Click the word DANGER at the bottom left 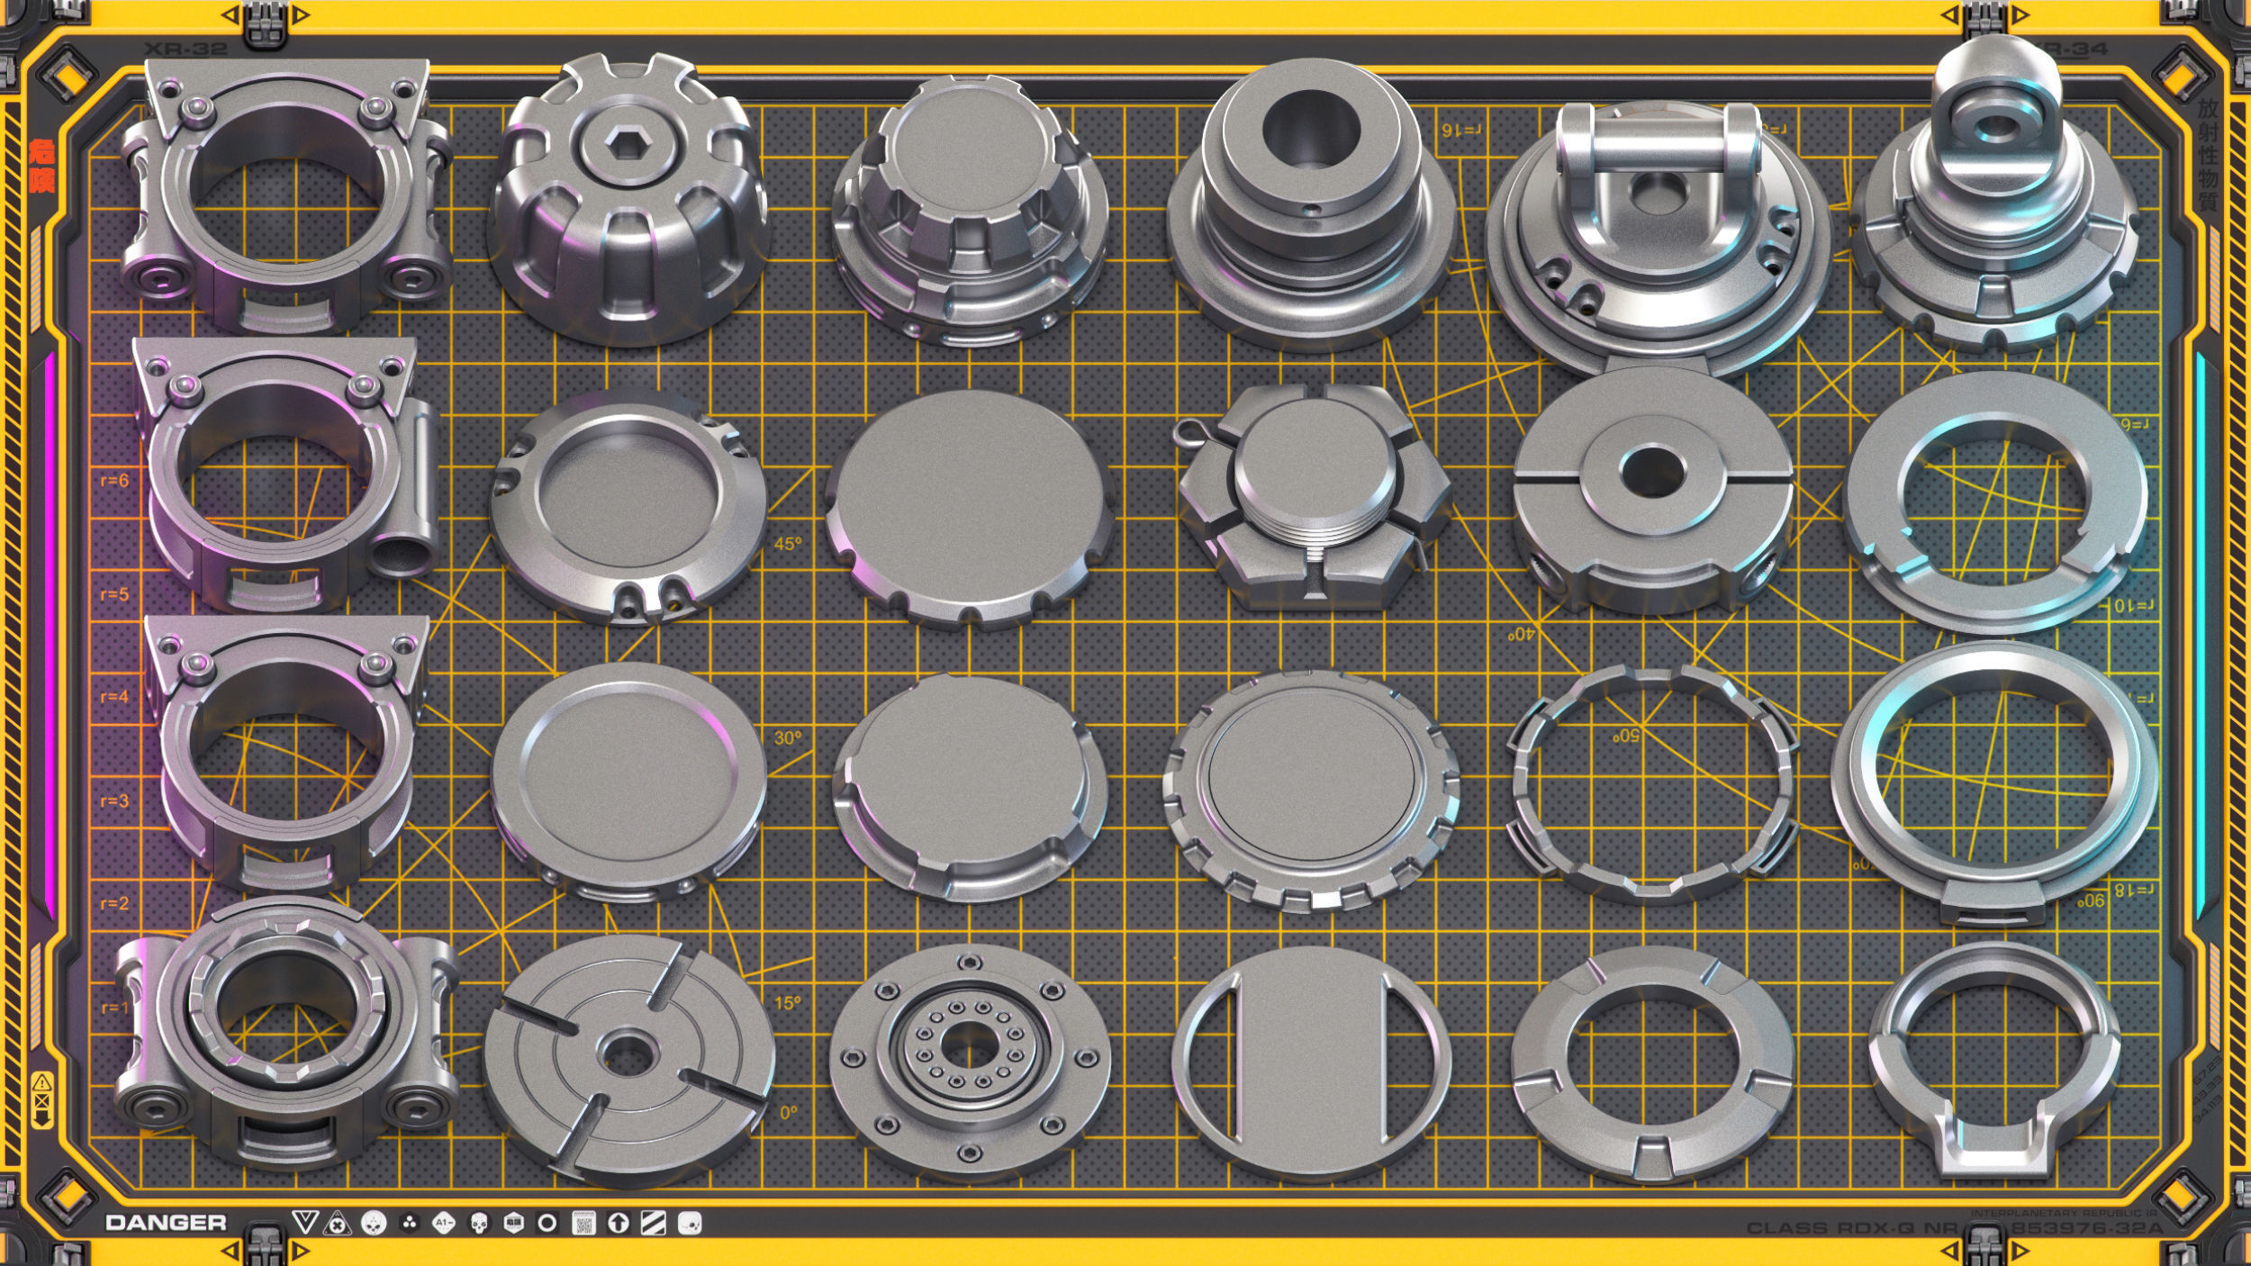pyautogui.click(x=166, y=1223)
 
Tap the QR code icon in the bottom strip pyautogui.click(x=583, y=1223)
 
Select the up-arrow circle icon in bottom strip pyautogui.click(x=618, y=1223)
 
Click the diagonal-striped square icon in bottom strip pyautogui.click(x=653, y=1223)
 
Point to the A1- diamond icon pyautogui.click(x=443, y=1223)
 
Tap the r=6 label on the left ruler pyautogui.click(x=114, y=480)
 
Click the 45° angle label pyautogui.click(x=787, y=544)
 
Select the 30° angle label pyautogui.click(x=787, y=737)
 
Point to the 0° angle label pyautogui.click(x=788, y=1113)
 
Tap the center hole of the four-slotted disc pyautogui.click(x=628, y=1054)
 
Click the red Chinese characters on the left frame pyautogui.click(x=42, y=167)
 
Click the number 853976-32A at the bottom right pyautogui.click(x=2085, y=1228)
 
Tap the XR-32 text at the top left pyautogui.click(x=185, y=49)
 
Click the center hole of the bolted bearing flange pyautogui.click(x=969, y=1045)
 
